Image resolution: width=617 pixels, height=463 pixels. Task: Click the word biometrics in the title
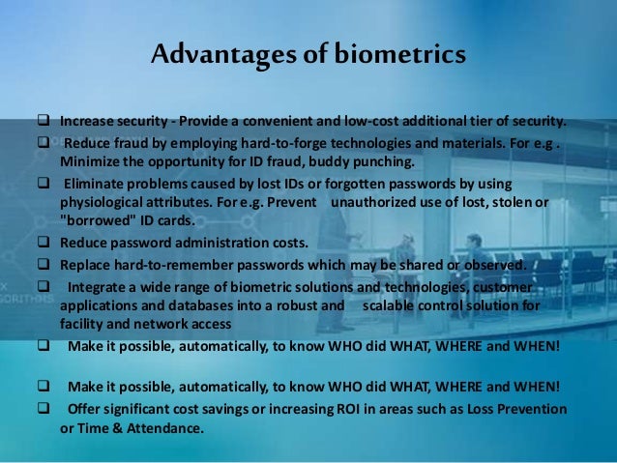click(395, 56)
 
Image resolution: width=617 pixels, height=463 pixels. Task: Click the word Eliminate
click(98, 183)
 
